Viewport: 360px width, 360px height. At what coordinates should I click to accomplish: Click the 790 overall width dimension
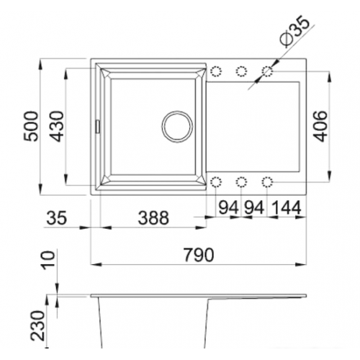pyautogui.click(x=199, y=255)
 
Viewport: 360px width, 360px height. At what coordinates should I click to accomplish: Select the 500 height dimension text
pyautogui.click(x=31, y=126)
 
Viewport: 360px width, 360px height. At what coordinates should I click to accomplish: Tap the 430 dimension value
pyautogui.click(x=57, y=126)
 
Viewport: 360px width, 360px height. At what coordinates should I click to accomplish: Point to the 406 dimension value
pyautogui.click(x=320, y=126)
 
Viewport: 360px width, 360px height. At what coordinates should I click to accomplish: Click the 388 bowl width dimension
pyautogui.click(x=153, y=218)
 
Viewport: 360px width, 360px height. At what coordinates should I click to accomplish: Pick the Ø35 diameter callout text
pyautogui.click(x=294, y=31)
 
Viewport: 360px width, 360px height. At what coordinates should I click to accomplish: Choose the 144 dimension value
pyautogui.click(x=287, y=208)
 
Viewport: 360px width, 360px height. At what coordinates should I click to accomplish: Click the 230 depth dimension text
pyautogui.click(x=38, y=325)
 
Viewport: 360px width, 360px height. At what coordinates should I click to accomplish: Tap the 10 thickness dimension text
pyautogui.click(x=49, y=261)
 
